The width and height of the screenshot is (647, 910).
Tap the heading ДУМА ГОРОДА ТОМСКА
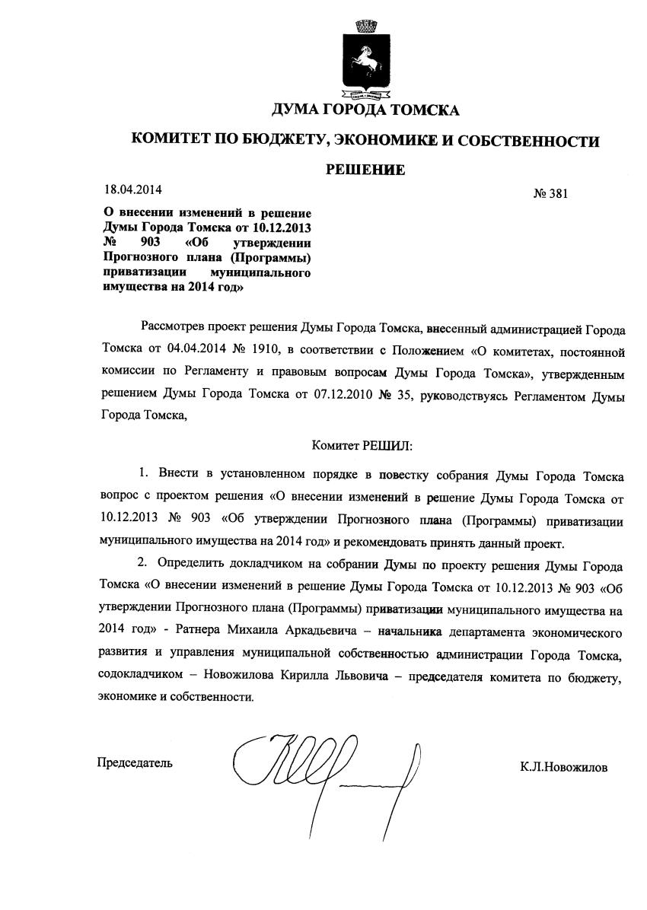tap(365, 111)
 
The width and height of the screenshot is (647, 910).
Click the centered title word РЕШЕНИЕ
tap(365, 170)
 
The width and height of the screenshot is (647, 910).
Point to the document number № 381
tap(551, 194)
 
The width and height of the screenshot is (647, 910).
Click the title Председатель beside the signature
tap(135, 762)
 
